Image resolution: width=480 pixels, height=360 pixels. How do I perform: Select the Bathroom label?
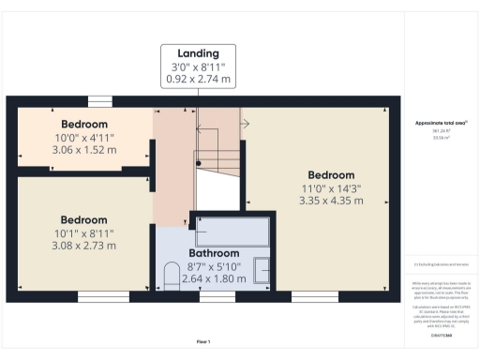tap(215, 253)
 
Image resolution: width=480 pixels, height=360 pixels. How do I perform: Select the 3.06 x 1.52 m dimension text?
tap(84, 148)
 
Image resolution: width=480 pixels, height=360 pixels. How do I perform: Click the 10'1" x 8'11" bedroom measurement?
tap(84, 233)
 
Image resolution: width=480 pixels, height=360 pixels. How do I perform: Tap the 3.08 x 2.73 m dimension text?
tap(84, 246)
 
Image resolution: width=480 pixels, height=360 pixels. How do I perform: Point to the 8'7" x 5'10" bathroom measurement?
tap(215, 266)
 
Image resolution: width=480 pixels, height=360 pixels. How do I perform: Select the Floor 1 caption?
tap(203, 340)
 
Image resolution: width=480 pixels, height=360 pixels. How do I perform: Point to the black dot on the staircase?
tap(198, 161)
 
